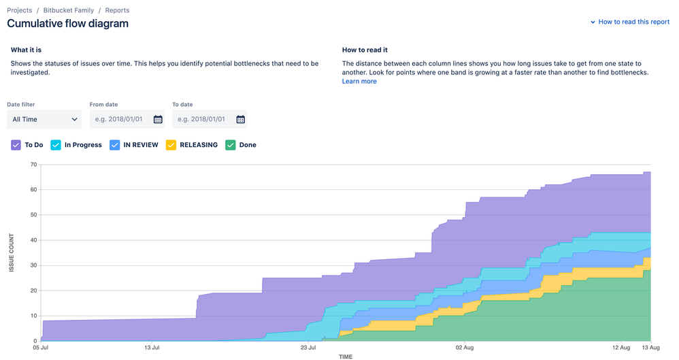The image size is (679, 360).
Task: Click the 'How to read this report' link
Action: (633, 22)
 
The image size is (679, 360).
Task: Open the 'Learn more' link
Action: (359, 82)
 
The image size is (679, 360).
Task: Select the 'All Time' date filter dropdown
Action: (44, 119)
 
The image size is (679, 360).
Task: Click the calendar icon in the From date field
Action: (158, 119)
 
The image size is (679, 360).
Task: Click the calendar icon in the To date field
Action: (240, 119)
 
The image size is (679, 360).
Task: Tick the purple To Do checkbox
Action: (16, 145)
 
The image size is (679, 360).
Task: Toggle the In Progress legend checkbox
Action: (56, 145)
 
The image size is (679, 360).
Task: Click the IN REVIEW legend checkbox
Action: (115, 145)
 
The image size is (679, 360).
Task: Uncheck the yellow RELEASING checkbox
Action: (171, 145)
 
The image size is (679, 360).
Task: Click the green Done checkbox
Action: (231, 145)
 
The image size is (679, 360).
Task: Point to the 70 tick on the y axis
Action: (32, 164)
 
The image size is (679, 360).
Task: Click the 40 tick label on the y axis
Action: (32, 240)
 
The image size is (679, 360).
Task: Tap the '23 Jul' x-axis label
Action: (308, 348)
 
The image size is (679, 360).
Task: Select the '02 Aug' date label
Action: (465, 348)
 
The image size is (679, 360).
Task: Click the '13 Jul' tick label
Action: (152, 348)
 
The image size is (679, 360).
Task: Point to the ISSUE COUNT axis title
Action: (12, 252)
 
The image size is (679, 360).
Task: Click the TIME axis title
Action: (346, 357)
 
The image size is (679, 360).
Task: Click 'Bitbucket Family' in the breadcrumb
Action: (69, 10)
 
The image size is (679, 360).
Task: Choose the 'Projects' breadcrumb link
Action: (20, 10)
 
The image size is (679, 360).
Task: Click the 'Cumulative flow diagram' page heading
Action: (67, 24)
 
